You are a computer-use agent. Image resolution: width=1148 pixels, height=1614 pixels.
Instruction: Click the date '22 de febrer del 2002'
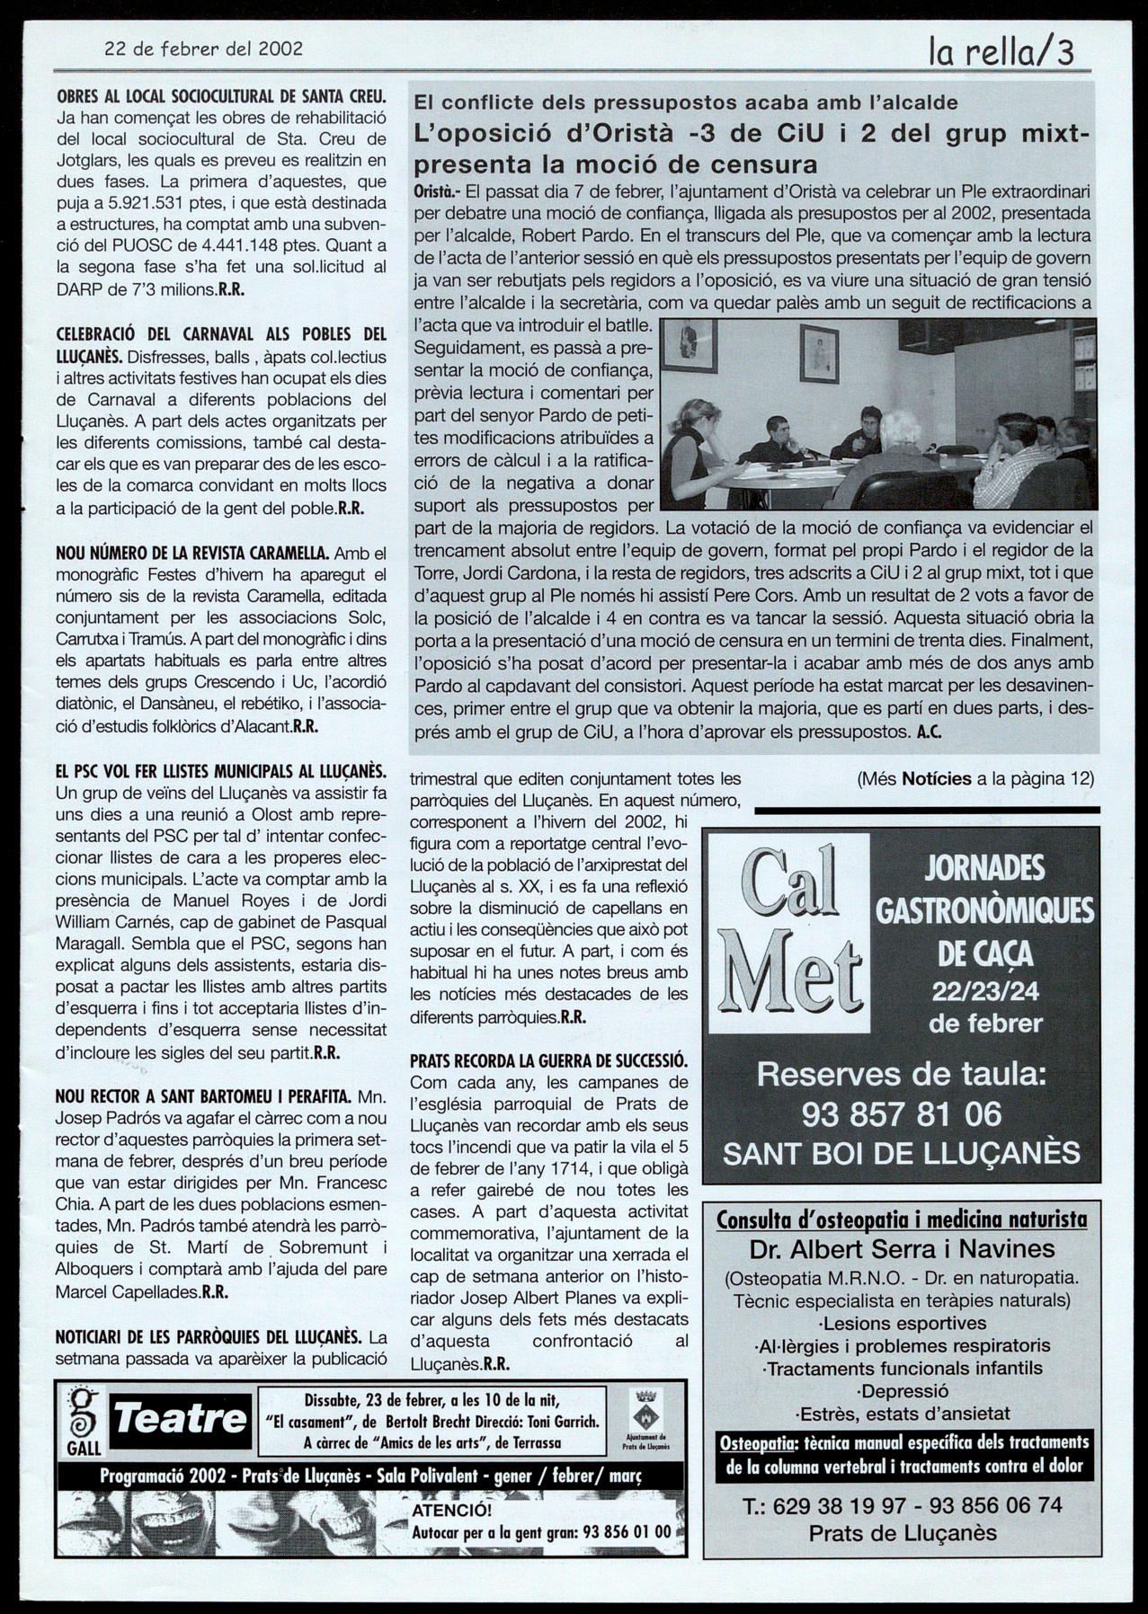click(203, 49)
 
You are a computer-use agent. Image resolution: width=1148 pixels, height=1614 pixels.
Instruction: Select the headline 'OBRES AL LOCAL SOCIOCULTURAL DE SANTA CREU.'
click(221, 96)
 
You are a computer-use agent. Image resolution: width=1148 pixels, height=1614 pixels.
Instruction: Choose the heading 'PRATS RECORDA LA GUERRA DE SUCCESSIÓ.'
click(548, 1060)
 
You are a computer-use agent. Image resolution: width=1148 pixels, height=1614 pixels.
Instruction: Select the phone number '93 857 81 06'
click(901, 1114)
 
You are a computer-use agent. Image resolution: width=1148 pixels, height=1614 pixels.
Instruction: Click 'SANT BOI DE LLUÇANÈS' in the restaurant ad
click(901, 1153)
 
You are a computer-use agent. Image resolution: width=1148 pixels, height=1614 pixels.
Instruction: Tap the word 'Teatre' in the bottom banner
click(181, 1420)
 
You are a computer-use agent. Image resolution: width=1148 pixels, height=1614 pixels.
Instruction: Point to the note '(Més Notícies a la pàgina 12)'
click(975, 779)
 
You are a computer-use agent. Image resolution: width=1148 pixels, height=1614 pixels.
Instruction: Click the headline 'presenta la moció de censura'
click(616, 165)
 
